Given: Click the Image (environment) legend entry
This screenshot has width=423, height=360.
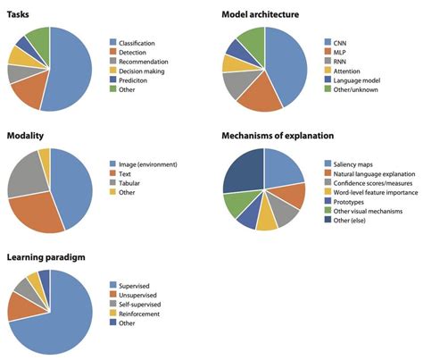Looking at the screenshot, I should click(x=153, y=164).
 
